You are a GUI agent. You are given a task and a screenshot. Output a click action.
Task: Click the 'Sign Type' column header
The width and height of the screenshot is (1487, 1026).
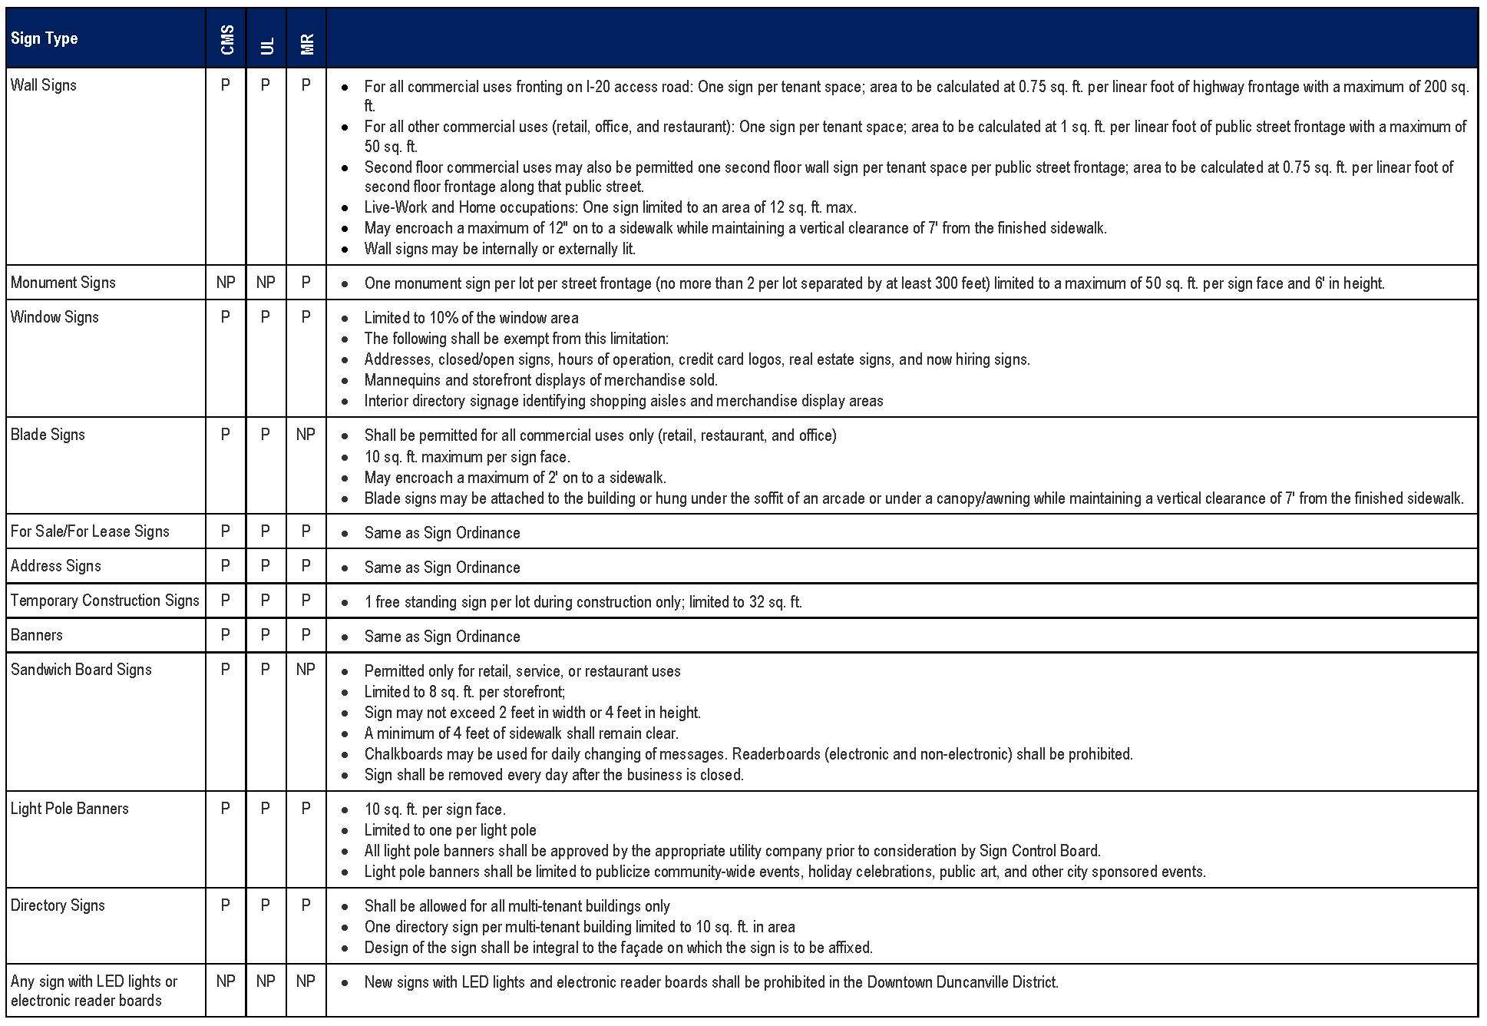pyautogui.click(x=45, y=38)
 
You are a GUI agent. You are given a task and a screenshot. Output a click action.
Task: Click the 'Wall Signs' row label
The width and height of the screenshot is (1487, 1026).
pyautogui.click(x=44, y=85)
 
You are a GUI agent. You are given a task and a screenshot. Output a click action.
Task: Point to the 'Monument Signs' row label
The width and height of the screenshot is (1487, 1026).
pyautogui.click(x=63, y=283)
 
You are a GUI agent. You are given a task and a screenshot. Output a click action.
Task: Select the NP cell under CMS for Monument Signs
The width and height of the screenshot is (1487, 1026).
pyautogui.click(x=226, y=283)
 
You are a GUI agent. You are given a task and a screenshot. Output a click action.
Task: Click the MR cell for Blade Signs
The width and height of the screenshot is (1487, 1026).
pyautogui.click(x=306, y=435)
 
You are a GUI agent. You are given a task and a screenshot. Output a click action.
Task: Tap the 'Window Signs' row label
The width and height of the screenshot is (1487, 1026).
pyautogui.click(x=55, y=317)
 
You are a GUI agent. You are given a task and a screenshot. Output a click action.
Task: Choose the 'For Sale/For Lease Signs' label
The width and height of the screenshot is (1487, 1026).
pyautogui.click(x=90, y=531)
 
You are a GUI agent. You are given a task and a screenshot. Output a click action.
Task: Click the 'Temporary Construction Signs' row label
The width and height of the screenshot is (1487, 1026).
pyautogui.click(x=105, y=601)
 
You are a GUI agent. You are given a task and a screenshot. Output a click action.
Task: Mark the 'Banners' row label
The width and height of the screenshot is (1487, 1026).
pyautogui.click(x=37, y=635)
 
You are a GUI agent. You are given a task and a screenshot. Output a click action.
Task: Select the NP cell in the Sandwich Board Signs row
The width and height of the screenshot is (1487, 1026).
pyautogui.click(x=306, y=670)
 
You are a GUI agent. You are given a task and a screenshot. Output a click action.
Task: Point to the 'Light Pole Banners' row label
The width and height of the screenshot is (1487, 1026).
pyautogui.click(x=70, y=809)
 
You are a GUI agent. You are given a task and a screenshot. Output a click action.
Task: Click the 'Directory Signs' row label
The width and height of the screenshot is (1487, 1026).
pyautogui.click(x=58, y=905)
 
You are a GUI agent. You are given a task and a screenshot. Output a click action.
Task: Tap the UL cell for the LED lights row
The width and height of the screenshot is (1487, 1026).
pyautogui.click(x=266, y=981)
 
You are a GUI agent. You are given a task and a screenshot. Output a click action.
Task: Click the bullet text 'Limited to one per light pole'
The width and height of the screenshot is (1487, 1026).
pyautogui.click(x=450, y=830)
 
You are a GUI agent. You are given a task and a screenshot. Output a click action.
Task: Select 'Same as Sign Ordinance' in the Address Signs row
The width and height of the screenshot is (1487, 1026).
pyautogui.click(x=442, y=568)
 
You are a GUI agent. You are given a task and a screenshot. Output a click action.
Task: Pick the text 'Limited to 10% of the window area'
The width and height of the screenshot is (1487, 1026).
pyautogui.click(x=471, y=318)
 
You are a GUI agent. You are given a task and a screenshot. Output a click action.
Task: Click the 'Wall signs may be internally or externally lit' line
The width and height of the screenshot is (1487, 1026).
pyautogui.click(x=500, y=249)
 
